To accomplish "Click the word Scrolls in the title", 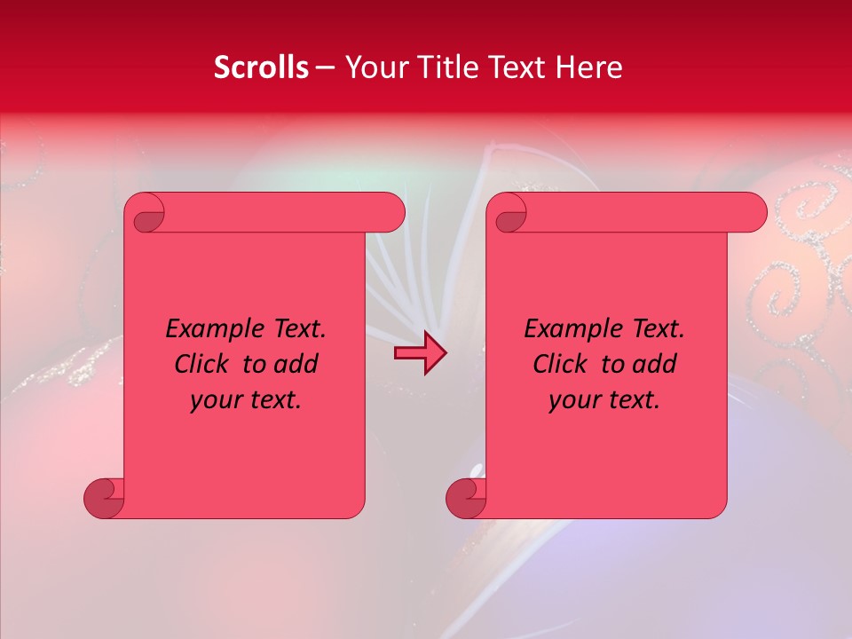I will tap(261, 67).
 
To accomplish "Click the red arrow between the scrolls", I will tap(420, 354).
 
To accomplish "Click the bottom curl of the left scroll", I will tap(105, 498).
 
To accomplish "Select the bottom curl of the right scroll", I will tap(467, 498).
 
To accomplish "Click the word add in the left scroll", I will tap(296, 365).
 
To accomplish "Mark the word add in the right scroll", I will tap(655, 365).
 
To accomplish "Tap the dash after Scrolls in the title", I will tap(325, 68).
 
